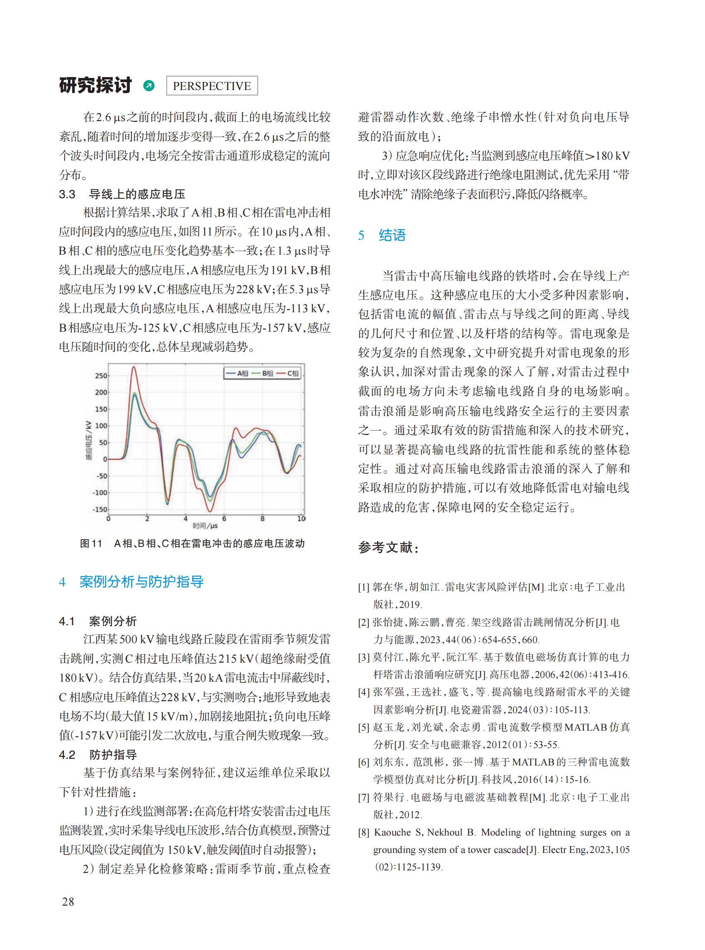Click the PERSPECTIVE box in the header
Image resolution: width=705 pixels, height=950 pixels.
point(211,86)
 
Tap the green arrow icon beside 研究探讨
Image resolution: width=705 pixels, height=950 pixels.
point(149,86)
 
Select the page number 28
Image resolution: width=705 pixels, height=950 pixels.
point(68,901)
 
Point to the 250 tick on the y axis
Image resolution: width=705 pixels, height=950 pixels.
point(101,376)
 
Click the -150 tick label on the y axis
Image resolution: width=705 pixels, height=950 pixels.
point(100,510)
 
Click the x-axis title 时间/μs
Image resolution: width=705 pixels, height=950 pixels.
point(205,526)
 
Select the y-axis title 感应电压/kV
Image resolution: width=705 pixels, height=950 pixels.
point(89,441)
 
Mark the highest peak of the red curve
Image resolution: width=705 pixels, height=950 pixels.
point(134,367)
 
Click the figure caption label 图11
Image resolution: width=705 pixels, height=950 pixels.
point(91,544)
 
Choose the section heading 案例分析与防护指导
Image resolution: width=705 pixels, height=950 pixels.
point(141,582)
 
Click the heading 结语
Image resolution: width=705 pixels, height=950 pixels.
point(392,235)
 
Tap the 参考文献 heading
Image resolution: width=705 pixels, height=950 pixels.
point(388,547)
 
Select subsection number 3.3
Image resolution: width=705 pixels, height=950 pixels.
point(67,194)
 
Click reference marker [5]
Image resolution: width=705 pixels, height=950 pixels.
point(364,727)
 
